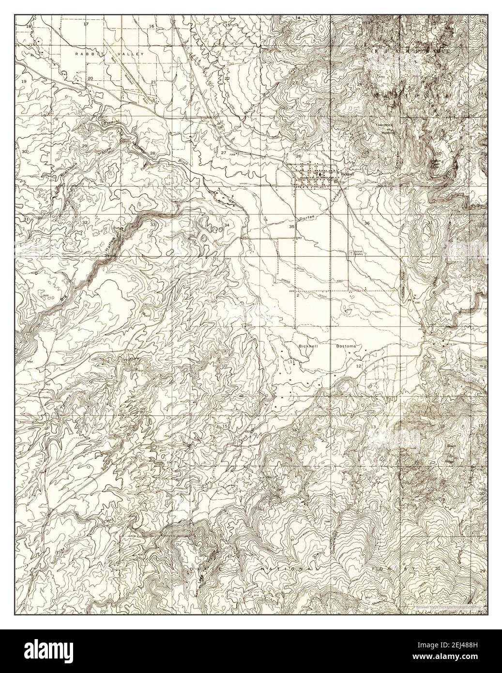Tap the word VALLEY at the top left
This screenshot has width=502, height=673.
pos(132,55)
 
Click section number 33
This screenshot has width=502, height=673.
pos(153,225)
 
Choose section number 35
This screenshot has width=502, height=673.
pos(291,227)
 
